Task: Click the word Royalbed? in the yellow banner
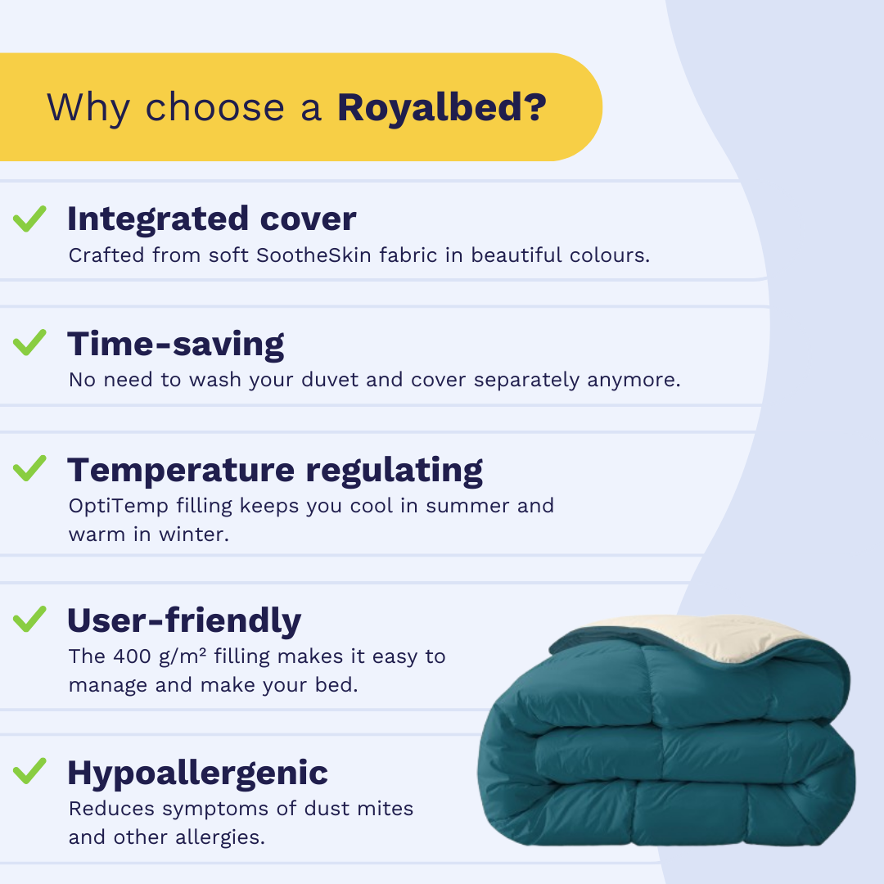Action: [x=442, y=107]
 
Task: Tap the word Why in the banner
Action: [x=88, y=109]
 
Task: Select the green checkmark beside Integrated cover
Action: [x=30, y=219]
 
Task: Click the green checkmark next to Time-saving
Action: [x=30, y=343]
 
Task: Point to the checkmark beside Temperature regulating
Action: [x=30, y=468]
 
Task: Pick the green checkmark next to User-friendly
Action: [x=30, y=619]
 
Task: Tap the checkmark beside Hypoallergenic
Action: [x=30, y=771]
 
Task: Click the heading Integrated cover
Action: [x=212, y=219]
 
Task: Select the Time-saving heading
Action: [x=176, y=345]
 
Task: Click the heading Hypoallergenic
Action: [x=198, y=773]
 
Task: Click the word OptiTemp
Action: [x=119, y=507]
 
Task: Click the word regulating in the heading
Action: [x=395, y=471]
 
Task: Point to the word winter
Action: [x=194, y=534]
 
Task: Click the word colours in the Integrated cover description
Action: [x=610, y=255]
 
